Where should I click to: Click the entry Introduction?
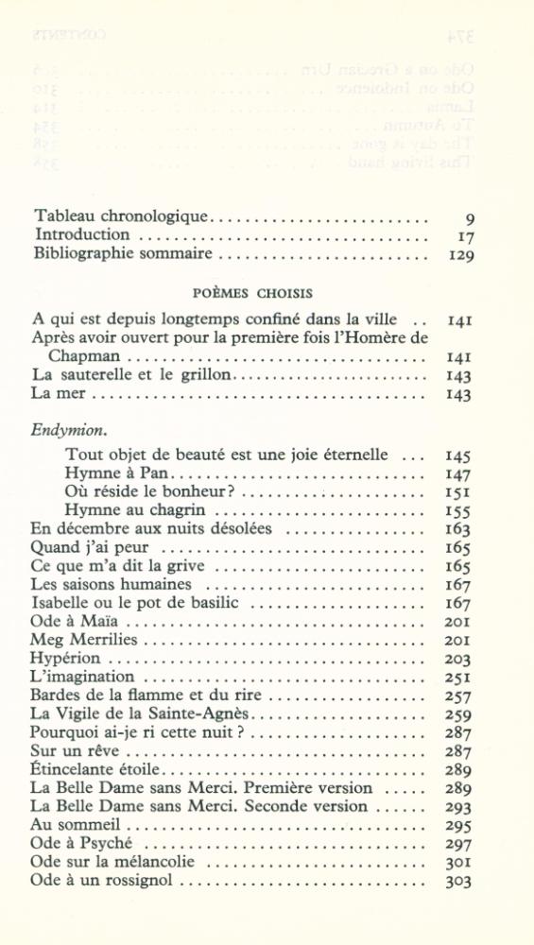coord(82,234)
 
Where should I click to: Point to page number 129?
coord(459,254)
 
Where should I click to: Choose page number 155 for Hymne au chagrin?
coord(458,511)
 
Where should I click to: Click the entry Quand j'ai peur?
coord(91,548)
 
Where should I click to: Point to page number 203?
coord(458,660)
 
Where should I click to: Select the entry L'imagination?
coord(83,677)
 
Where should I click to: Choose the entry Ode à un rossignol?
coord(103,881)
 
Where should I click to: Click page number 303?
coord(458,881)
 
